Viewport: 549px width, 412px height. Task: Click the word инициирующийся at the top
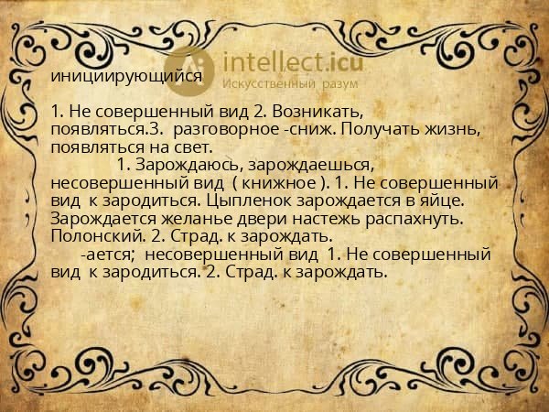(x=127, y=77)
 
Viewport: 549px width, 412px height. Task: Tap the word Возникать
(x=314, y=113)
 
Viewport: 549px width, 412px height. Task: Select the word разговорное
(x=226, y=130)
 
